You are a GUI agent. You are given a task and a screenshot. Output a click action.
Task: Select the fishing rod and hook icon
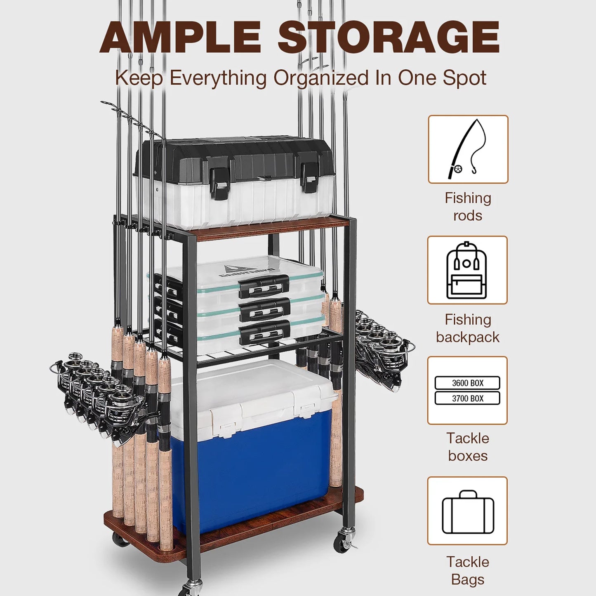[x=468, y=149]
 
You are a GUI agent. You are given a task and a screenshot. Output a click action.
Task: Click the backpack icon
[x=467, y=270]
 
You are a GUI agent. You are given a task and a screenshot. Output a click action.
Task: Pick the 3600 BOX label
[x=467, y=383]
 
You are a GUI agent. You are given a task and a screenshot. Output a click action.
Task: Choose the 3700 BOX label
[x=467, y=398]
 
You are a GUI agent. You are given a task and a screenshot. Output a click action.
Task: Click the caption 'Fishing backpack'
[x=468, y=328]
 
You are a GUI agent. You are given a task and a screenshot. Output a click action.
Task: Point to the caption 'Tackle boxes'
[x=468, y=447]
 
